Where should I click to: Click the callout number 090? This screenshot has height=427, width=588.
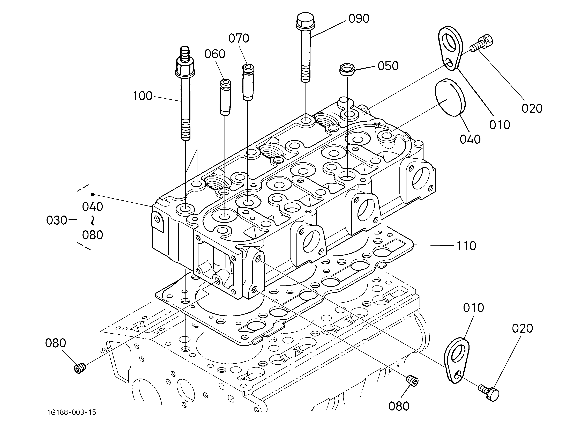[x=359, y=19]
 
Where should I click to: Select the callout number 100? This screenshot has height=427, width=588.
[x=143, y=96]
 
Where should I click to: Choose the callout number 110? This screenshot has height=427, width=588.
[x=466, y=246]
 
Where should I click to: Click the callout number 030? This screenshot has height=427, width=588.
[x=57, y=220]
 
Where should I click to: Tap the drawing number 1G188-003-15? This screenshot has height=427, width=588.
[x=72, y=412]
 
